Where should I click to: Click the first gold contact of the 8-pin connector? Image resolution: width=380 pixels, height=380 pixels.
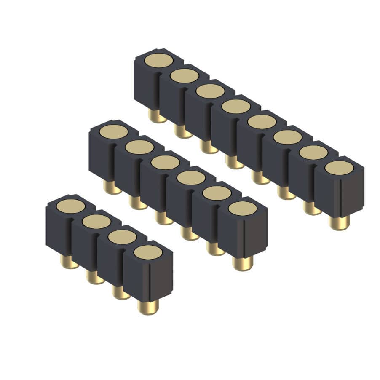158,60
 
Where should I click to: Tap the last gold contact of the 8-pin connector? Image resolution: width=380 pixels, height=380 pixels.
339,167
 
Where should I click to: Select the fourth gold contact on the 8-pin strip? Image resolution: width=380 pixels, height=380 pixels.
236,106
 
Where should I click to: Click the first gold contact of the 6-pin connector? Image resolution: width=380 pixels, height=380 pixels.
113,131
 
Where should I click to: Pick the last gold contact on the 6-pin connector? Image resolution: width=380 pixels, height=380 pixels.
243,208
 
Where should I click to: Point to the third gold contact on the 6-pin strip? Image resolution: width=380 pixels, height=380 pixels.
165,162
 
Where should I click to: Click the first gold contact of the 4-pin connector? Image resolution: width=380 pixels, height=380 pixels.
71,206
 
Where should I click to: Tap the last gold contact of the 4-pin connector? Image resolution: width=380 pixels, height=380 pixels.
148,252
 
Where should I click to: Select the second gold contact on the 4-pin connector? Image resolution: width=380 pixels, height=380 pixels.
96,221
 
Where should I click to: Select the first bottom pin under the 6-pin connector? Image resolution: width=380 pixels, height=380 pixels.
112,187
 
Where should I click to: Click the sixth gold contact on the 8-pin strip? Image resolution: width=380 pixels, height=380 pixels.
287,136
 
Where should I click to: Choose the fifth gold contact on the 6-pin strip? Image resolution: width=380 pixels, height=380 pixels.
217,193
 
